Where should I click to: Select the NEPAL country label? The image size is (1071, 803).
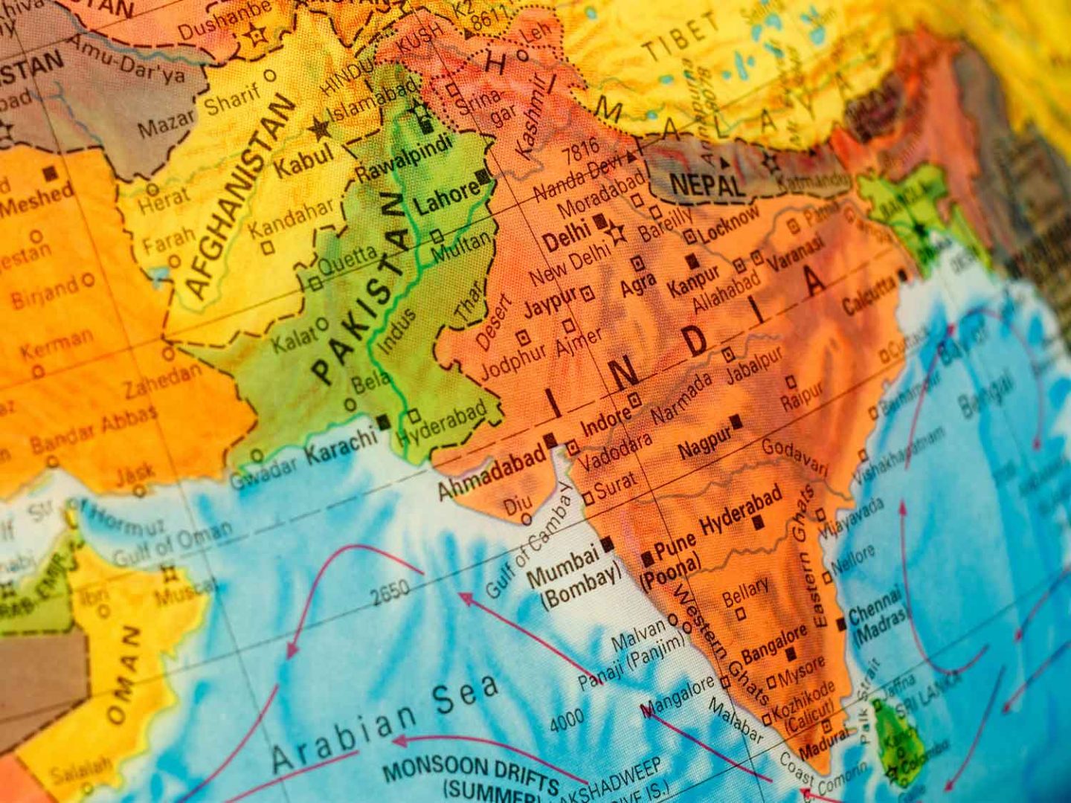[x=707, y=184]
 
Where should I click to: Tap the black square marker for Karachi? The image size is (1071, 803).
[x=383, y=422]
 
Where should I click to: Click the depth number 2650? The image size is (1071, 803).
[x=390, y=592]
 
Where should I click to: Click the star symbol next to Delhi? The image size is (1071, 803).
[x=617, y=234]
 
